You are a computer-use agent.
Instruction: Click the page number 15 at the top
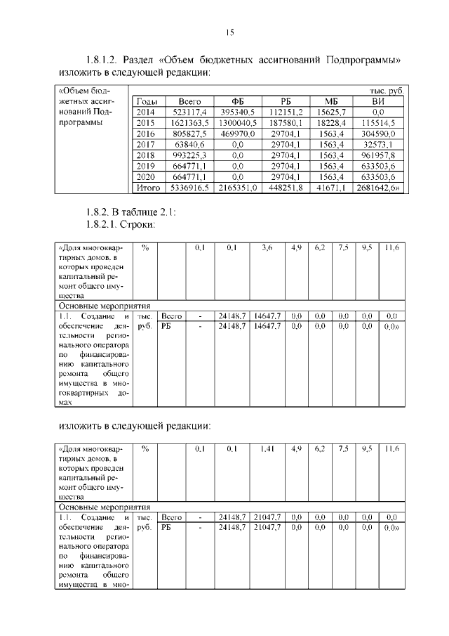pos(229,32)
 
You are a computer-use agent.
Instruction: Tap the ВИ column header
pos(378,101)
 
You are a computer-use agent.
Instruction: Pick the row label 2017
pos(145,145)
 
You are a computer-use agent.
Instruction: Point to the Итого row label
pos(148,188)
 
